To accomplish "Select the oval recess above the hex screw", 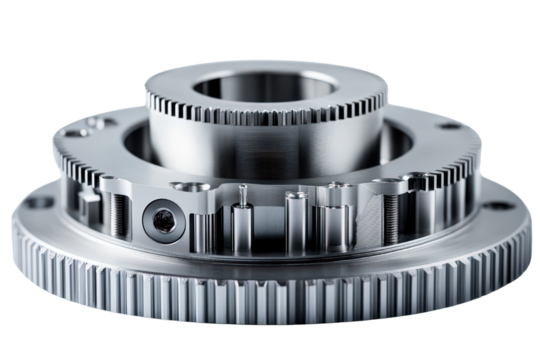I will pos(185,186).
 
